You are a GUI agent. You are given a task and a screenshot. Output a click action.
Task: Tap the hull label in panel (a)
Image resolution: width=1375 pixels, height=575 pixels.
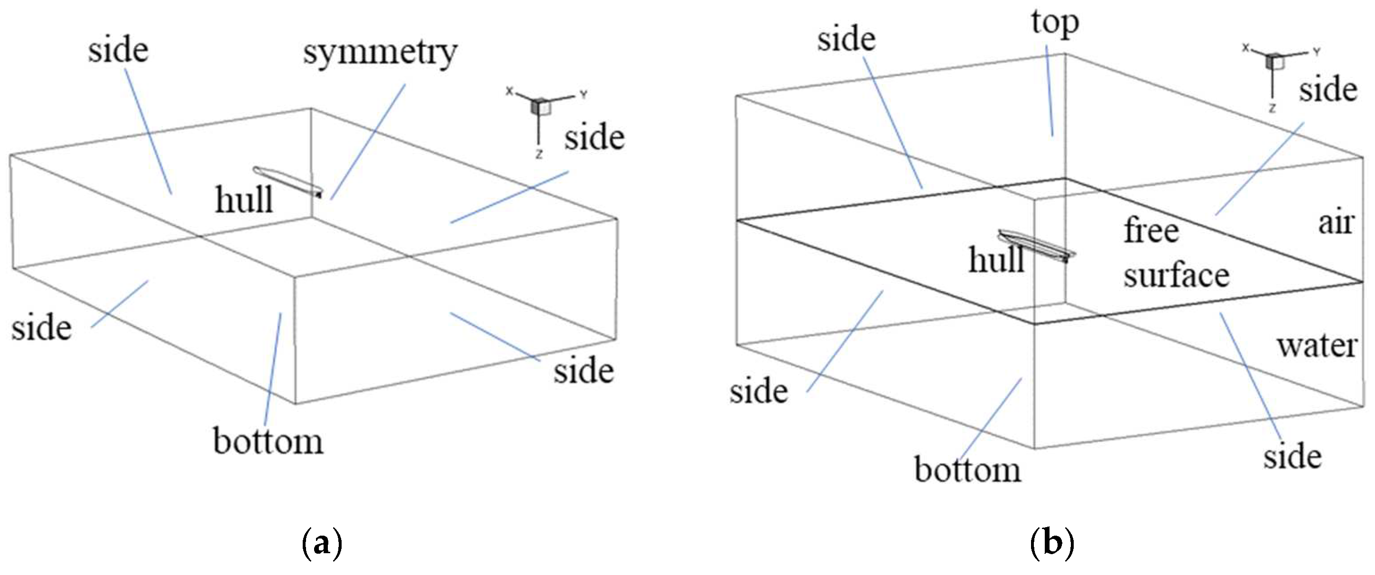click(244, 200)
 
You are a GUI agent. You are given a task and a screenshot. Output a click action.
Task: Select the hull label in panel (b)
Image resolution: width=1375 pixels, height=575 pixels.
click(996, 260)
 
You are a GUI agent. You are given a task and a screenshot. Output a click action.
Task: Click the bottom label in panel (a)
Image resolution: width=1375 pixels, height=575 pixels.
click(268, 441)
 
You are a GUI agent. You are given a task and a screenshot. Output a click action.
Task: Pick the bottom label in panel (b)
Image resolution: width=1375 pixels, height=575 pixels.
click(967, 469)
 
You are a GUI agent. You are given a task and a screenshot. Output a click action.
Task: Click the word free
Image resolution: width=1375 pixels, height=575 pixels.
click(1152, 230)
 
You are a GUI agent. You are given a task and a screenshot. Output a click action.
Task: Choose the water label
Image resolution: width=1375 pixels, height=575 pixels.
click(1317, 346)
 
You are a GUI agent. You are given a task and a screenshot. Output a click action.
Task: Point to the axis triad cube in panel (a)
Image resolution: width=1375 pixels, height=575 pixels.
click(539, 106)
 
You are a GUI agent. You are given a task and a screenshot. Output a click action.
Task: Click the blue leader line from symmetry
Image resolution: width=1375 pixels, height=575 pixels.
click(368, 141)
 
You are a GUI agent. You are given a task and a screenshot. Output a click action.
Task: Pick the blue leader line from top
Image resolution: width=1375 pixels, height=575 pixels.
click(1050, 91)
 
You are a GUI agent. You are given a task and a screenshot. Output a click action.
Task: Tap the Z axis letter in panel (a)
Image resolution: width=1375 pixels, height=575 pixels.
click(539, 155)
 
